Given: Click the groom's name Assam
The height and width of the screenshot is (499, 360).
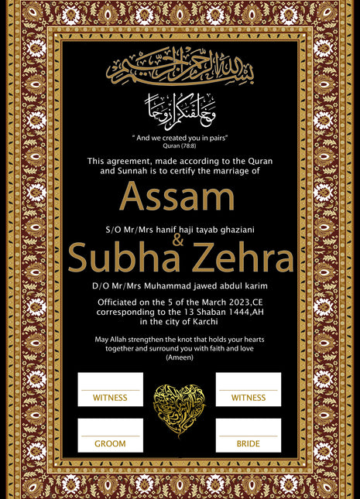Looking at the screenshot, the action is click(180, 198).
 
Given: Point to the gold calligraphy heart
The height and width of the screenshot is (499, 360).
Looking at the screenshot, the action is click(180, 410).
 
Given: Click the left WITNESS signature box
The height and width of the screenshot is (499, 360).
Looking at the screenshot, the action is click(110, 389).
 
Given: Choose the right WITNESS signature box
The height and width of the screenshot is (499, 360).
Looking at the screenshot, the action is click(248, 389).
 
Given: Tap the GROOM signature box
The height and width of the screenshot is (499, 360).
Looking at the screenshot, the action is click(110, 436).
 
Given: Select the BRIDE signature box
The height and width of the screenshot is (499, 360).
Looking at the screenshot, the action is click(248, 436).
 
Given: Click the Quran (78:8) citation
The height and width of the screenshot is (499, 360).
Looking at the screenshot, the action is click(179, 142).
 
